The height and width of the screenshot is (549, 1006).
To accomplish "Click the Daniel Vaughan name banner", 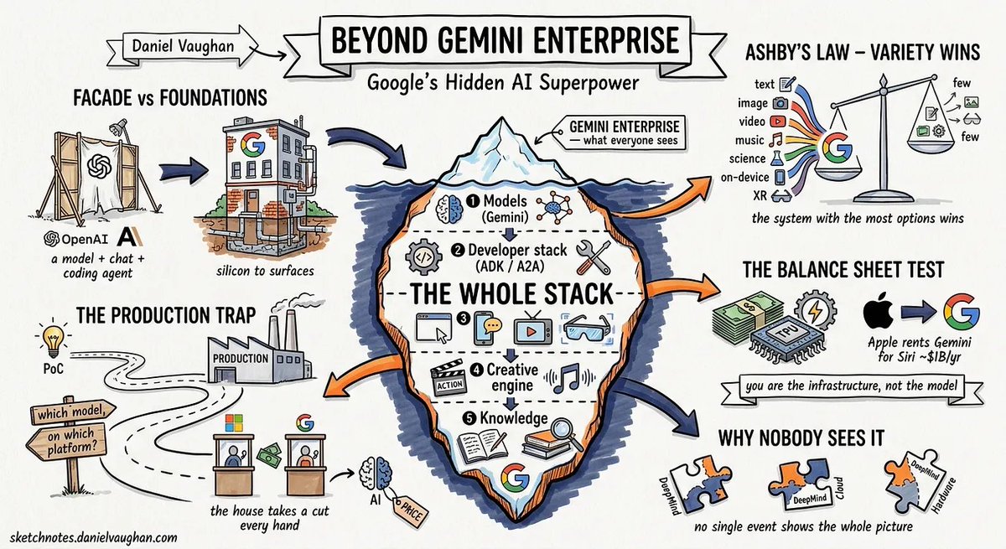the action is [182, 47].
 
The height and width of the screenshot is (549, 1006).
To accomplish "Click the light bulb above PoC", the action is [54, 338].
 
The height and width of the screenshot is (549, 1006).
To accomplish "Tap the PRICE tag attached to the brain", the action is [410, 510].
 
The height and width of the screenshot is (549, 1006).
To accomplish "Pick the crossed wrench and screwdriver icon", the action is [593, 256].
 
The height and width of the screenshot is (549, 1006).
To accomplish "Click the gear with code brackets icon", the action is [423, 256].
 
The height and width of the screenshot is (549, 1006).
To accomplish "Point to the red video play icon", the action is [777, 122].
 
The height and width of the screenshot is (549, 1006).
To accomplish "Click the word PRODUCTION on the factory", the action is [241, 359].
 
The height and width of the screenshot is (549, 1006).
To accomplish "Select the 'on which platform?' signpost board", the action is [67, 441].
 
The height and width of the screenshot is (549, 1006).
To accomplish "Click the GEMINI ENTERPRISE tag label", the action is [624, 132].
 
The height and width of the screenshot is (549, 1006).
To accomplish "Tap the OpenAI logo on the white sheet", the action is [99, 166].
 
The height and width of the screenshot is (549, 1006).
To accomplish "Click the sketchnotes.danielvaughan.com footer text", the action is [93, 537].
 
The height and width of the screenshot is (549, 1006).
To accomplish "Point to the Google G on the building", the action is [252, 144].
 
